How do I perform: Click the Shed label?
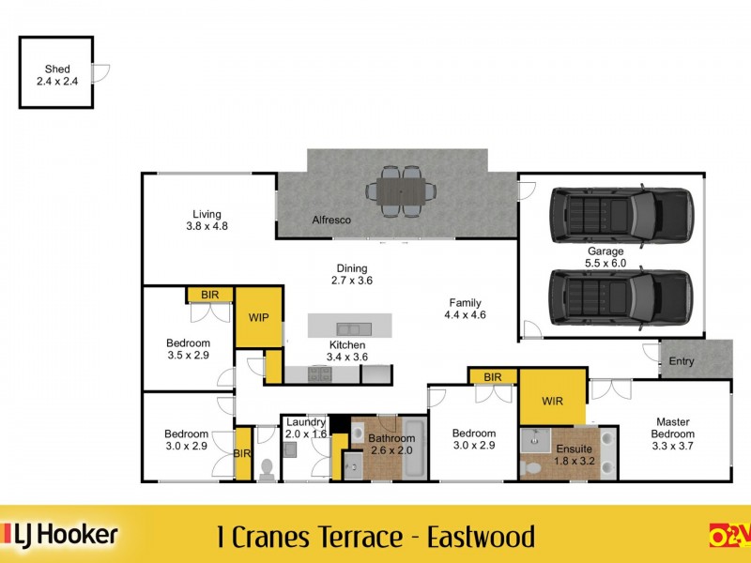click(56, 75)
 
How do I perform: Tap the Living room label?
click(207, 220)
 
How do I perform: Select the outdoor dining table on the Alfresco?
click(401, 191)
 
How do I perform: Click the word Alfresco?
click(331, 220)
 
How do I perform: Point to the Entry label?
click(682, 361)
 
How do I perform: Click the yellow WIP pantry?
click(259, 317)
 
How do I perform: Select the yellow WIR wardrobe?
click(553, 401)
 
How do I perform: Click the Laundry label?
click(305, 428)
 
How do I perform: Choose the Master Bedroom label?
click(673, 428)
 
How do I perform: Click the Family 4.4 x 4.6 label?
click(465, 309)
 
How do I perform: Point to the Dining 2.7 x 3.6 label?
click(352, 274)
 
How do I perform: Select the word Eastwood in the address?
click(481, 538)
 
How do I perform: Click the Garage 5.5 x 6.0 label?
click(605, 258)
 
